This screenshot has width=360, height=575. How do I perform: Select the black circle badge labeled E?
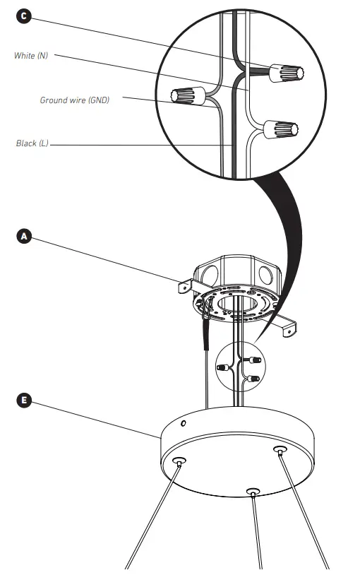[23, 400]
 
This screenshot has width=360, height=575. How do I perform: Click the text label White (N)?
[31, 55]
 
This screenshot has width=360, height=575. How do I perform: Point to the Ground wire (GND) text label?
[74, 100]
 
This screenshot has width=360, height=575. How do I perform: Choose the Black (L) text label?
[32, 143]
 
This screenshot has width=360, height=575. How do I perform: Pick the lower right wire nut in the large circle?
[282, 130]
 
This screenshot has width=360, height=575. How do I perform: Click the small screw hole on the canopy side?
[184, 424]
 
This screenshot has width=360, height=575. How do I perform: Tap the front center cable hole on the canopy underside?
[252, 491]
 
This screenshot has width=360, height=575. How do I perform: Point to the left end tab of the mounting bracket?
[183, 287]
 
